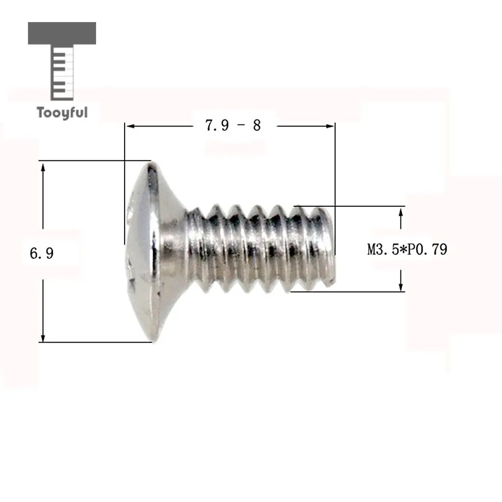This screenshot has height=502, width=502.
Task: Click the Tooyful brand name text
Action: [62, 113]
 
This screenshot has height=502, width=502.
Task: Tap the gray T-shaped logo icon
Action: [62, 61]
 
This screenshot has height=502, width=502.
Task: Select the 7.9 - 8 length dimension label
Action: [233, 125]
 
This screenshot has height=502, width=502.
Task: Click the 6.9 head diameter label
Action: [42, 253]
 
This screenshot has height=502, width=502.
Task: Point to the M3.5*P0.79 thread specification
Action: [407, 250]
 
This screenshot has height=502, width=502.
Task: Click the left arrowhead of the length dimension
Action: [129, 126]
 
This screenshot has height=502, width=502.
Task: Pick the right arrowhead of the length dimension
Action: [330, 126]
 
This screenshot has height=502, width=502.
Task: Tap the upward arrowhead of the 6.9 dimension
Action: [43, 168]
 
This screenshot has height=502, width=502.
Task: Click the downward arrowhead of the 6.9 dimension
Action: [43, 337]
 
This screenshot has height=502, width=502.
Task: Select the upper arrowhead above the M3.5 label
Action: [401, 213]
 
